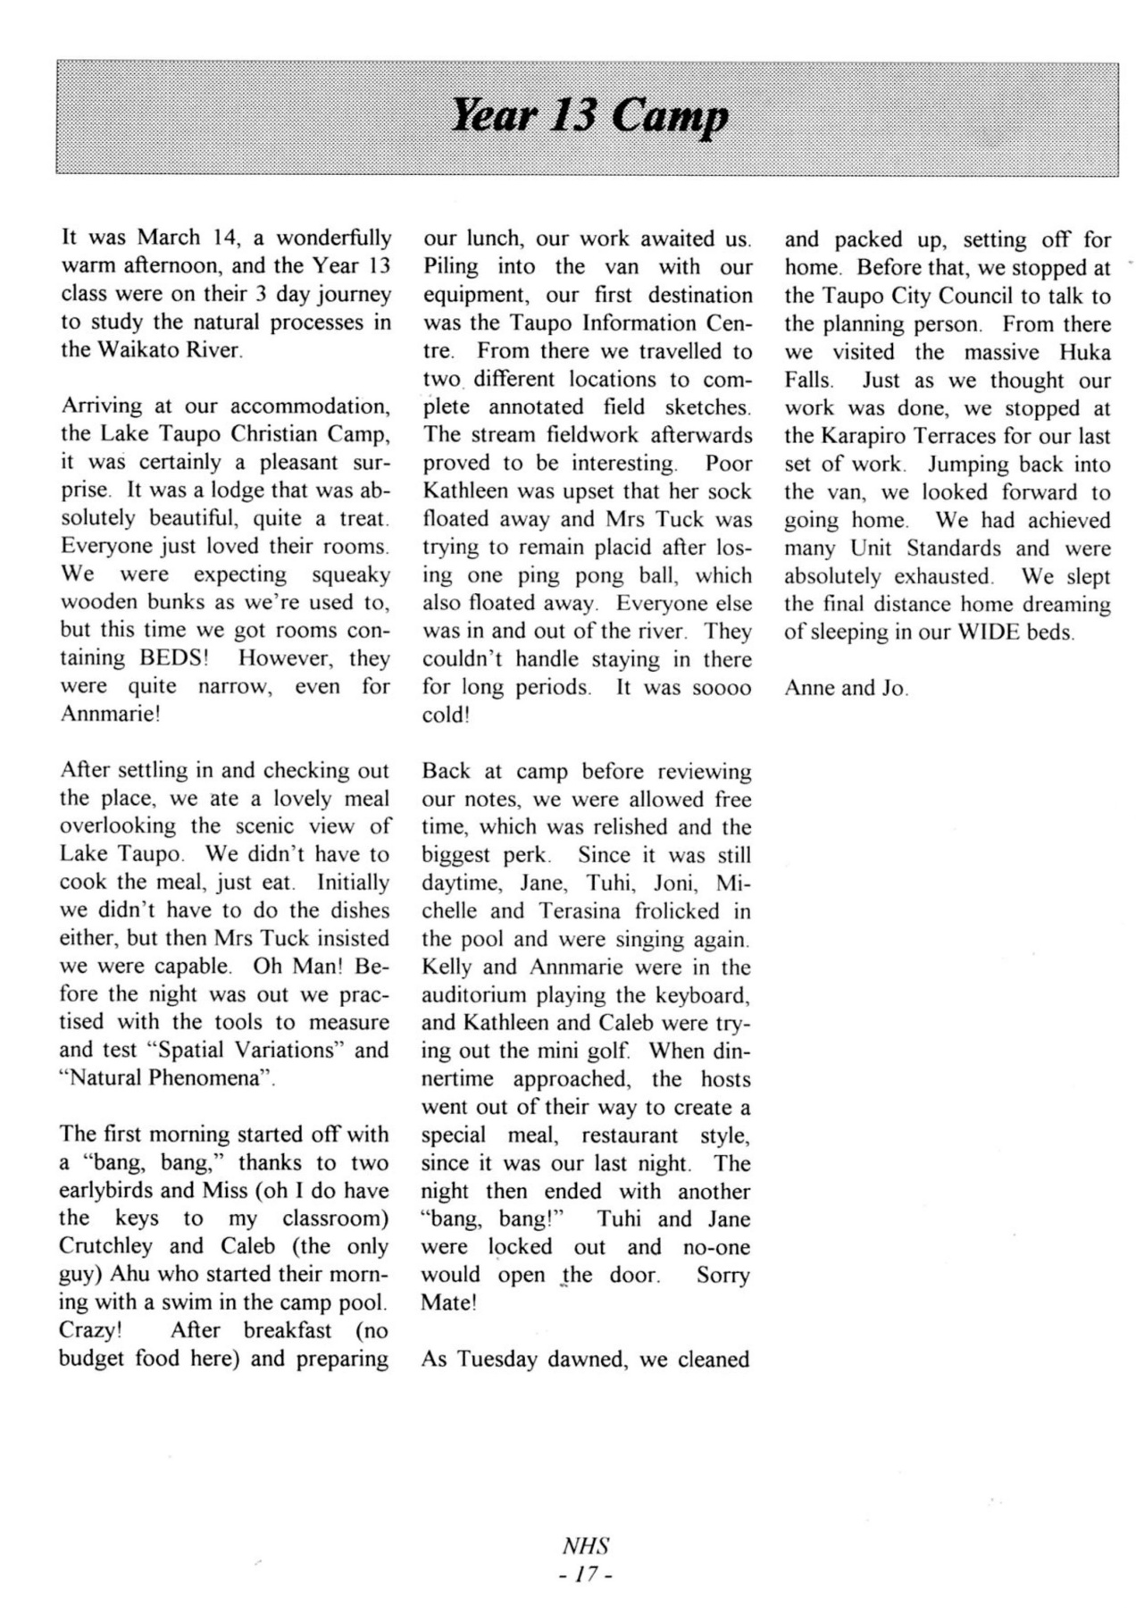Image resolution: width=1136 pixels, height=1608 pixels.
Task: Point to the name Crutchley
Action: (x=106, y=1245)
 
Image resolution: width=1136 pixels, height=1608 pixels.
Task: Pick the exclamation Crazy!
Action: (x=89, y=1329)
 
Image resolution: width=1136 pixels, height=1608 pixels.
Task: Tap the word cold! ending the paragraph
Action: (x=446, y=716)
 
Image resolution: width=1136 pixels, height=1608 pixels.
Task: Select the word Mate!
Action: (x=449, y=1302)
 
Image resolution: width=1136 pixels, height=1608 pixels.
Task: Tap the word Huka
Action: (x=1084, y=352)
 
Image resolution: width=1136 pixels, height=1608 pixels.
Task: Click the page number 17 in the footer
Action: (x=587, y=1576)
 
